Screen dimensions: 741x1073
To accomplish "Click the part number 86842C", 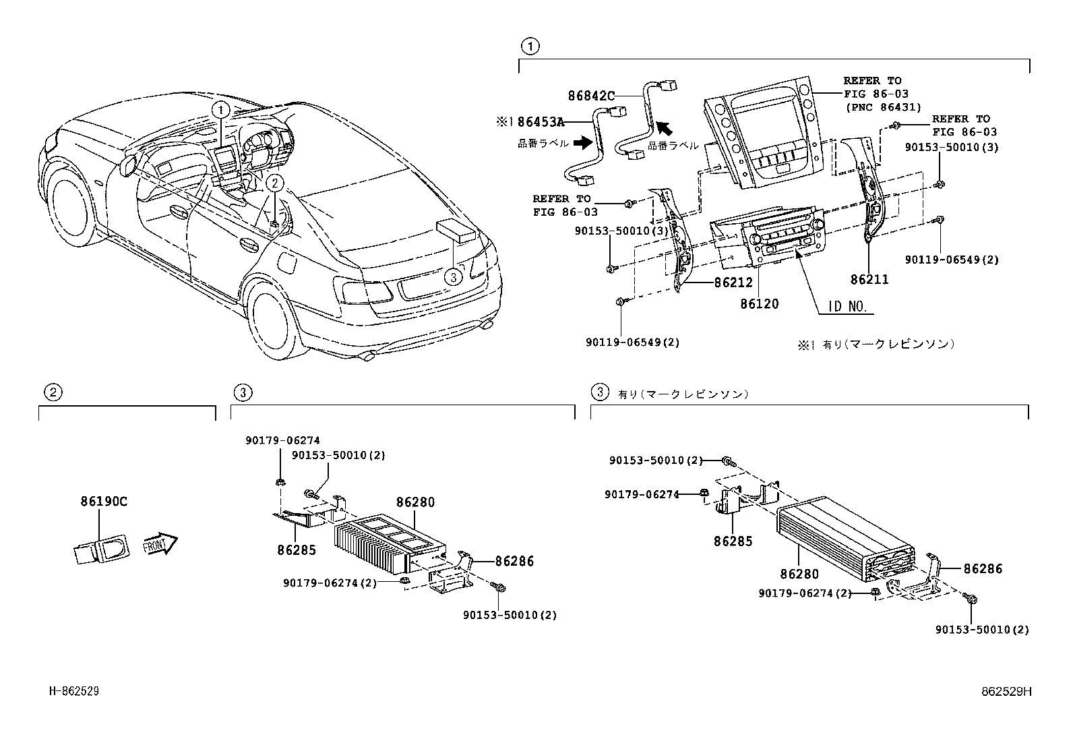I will tap(591, 96).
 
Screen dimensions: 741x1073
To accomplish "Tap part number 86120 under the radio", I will tap(759, 304).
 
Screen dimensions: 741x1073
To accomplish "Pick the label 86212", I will tap(733, 283).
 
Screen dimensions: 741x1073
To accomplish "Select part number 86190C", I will tap(104, 502).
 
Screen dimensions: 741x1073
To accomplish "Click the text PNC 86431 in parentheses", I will tap(883, 107).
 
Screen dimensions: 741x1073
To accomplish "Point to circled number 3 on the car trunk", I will tap(454, 275).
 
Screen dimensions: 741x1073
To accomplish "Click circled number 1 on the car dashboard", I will tap(221, 109).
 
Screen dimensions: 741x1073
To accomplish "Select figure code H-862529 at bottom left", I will tap(75, 691).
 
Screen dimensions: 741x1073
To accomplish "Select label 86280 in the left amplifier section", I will tap(415, 502).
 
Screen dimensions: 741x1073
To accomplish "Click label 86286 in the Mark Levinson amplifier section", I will tap(983, 569).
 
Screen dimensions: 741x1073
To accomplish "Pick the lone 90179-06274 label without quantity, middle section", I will tap(282, 440).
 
